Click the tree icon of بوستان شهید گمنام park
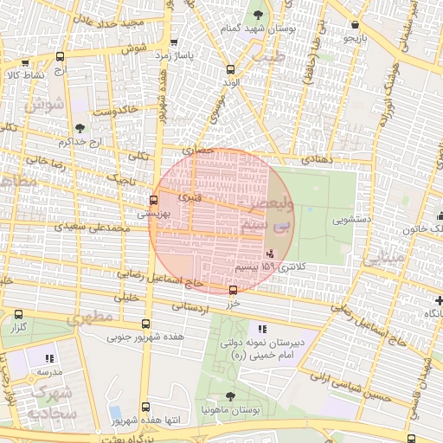click(258, 15)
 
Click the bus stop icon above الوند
click(229, 69)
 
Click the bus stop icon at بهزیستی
click(154, 200)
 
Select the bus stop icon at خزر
click(233, 289)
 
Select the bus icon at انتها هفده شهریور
click(144, 407)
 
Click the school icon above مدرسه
click(49, 357)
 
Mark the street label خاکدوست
click(116, 111)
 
